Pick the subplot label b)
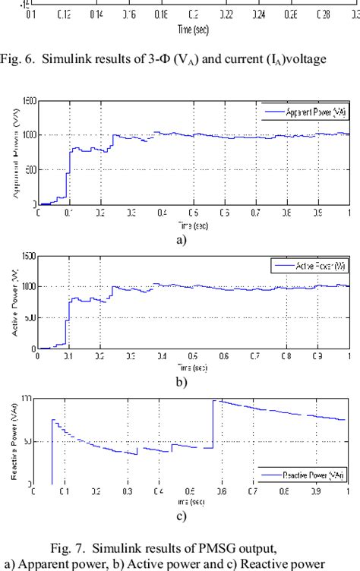click(181, 382)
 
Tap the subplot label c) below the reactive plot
click(181, 519)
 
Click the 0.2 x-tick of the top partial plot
click(194, 14)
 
